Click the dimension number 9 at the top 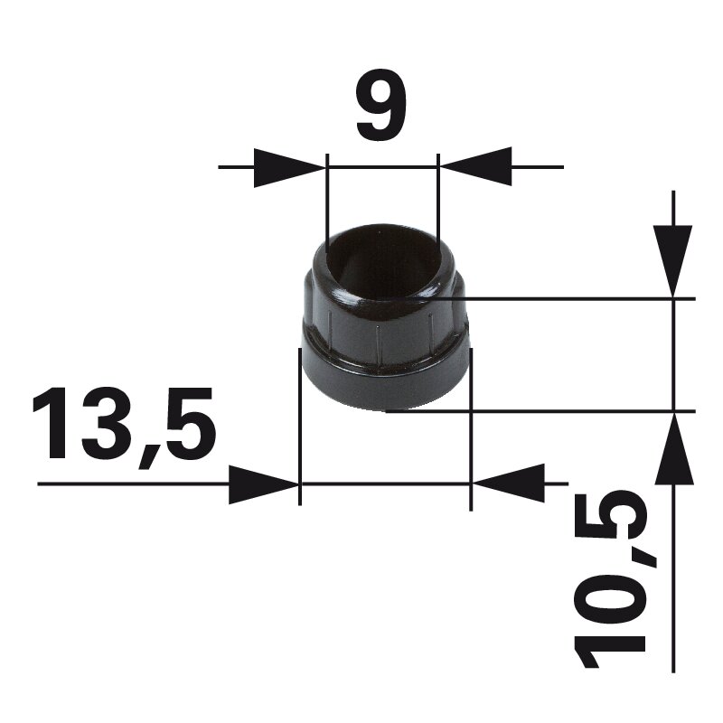(x=380, y=104)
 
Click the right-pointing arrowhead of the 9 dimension (x=290, y=167)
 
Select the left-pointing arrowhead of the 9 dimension (x=475, y=166)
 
